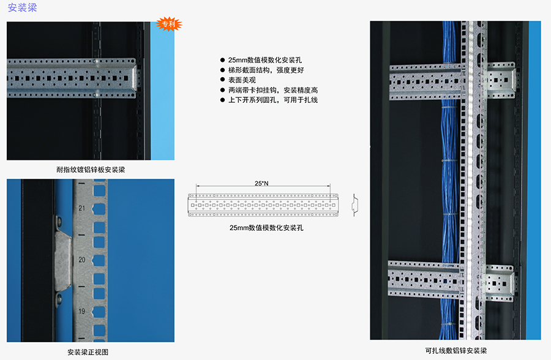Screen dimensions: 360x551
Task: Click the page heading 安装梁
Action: (x=22, y=8)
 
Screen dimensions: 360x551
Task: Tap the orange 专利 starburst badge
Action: (x=168, y=24)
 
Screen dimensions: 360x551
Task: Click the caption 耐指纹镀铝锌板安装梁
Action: (x=90, y=169)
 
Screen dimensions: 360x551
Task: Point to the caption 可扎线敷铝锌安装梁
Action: (x=455, y=351)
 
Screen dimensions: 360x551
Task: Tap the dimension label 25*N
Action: (x=261, y=183)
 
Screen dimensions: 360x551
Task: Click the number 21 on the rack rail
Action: (x=82, y=209)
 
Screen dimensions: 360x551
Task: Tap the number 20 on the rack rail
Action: (x=82, y=260)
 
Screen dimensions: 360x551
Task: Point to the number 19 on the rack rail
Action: (x=82, y=312)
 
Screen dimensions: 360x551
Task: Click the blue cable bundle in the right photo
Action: (x=453, y=184)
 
